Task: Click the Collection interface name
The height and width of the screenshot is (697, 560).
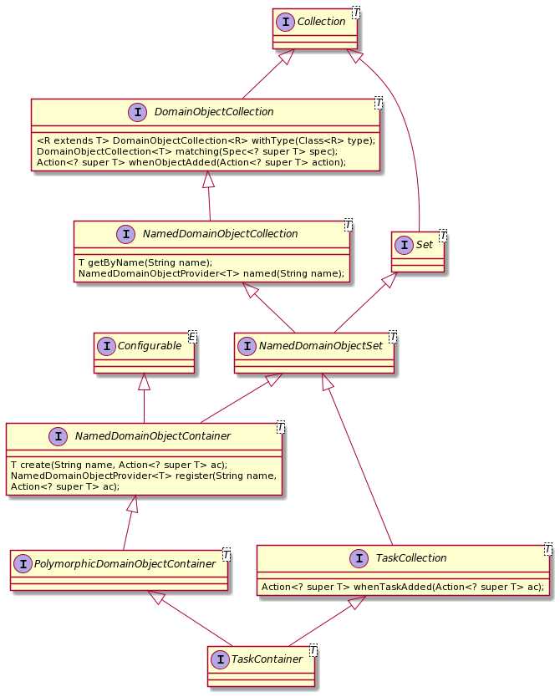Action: [x=323, y=22]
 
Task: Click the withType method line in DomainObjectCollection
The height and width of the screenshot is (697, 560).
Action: [x=206, y=140]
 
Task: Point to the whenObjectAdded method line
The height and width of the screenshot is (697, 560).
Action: [x=191, y=162]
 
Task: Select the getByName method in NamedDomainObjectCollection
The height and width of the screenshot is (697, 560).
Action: [x=145, y=262]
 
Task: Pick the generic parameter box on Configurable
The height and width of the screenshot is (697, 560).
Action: [x=191, y=336]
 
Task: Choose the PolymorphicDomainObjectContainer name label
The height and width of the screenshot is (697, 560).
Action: [x=126, y=564]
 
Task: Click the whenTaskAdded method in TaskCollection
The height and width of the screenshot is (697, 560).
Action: [x=403, y=588]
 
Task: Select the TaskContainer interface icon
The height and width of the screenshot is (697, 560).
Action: [x=220, y=659]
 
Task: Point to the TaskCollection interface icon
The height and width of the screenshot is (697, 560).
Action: [x=359, y=558]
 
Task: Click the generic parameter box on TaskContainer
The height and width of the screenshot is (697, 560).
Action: [x=312, y=650]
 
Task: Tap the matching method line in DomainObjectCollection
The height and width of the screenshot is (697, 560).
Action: [x=187, y=151]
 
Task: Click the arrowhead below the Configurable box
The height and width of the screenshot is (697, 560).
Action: [x=145, y=382]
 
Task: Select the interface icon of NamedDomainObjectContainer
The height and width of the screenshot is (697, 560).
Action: [x=58, y=435]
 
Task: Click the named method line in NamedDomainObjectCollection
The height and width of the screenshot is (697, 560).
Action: [x=211, y=273]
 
